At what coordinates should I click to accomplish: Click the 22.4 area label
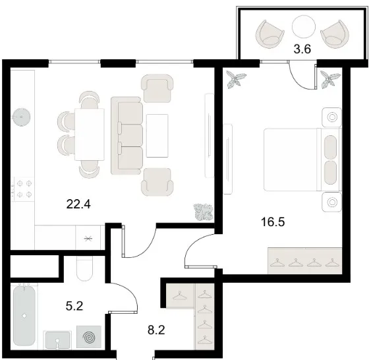point(78,204)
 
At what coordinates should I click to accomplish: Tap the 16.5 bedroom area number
point(273,222)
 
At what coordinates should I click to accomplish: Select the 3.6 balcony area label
point(302,49)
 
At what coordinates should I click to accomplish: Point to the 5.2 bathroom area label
point(74,307)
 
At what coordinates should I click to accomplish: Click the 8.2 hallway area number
point(156,330)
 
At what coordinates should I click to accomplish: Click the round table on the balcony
point(303,26)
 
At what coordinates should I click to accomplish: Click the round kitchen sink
point(21,117)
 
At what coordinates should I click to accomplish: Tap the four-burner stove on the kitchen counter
point(23,189)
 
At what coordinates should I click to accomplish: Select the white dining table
point(90,135)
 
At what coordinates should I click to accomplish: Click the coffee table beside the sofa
point(157,136)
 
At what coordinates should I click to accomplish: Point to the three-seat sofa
point(127,136)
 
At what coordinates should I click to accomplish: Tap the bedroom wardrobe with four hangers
point(304,260)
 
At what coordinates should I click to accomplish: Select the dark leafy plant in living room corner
point(204,212)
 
